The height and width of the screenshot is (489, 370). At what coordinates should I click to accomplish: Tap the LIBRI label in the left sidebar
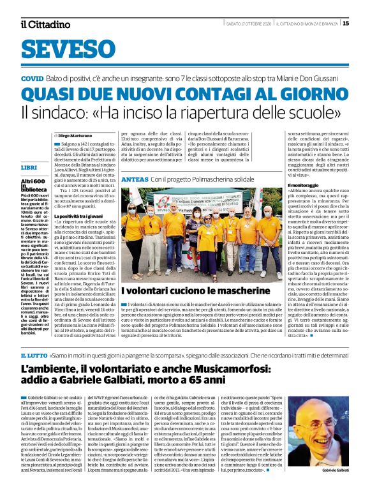coord(29,167)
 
